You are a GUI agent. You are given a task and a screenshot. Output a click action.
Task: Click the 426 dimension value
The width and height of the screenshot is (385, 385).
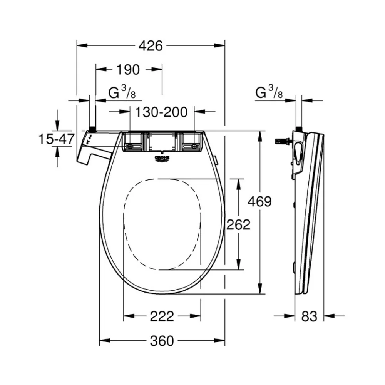tap(151, 46)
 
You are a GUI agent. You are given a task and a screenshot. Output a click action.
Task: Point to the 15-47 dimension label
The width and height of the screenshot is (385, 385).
tap(57, 139)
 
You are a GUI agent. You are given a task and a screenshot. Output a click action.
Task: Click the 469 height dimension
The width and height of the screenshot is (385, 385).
tap(260, 202)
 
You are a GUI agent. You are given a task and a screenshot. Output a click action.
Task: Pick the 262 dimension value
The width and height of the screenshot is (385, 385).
tap(238, 224)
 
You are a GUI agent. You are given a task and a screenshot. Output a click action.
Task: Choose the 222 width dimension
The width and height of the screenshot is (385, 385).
tap(162, 316)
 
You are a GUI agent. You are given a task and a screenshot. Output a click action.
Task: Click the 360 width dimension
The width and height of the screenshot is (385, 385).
tap(162, 341)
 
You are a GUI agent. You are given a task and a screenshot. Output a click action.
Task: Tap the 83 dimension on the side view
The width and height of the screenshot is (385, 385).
tap(309, 316)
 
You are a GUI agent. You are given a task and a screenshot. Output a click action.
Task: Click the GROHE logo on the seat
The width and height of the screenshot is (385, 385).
tap(162, 159)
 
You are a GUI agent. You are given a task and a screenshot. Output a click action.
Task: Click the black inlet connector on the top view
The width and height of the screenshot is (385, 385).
tap(92, 129)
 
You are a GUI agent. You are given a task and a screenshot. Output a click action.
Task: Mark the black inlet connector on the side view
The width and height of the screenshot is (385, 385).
tap(299, 129)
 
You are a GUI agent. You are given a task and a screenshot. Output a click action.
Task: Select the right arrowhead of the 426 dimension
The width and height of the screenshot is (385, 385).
tap(219, 45)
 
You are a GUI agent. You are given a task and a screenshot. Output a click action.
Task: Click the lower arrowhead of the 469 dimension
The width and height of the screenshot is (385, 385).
tap(260, 288)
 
